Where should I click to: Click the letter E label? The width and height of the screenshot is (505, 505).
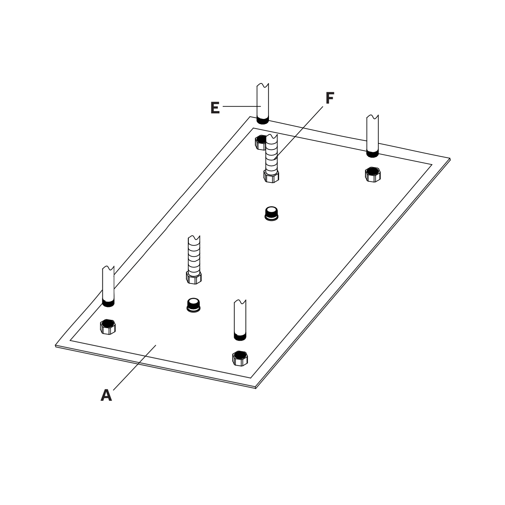215,108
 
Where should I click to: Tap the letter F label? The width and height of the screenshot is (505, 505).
330,98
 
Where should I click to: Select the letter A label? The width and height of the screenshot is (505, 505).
106,395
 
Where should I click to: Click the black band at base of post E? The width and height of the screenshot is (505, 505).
262,121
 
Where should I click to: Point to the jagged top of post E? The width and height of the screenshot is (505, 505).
263,85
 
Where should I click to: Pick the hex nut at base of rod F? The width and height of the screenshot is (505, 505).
271,176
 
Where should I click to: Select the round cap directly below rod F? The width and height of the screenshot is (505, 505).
272,213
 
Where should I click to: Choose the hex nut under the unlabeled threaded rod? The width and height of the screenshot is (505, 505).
194,278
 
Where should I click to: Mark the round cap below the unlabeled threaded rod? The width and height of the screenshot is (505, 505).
194,305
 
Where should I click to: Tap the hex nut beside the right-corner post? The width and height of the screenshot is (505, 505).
373,174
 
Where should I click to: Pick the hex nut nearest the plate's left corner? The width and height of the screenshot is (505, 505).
108,326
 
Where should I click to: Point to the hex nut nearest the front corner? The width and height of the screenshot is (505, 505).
240,358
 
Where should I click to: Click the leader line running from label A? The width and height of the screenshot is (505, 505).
134,368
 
